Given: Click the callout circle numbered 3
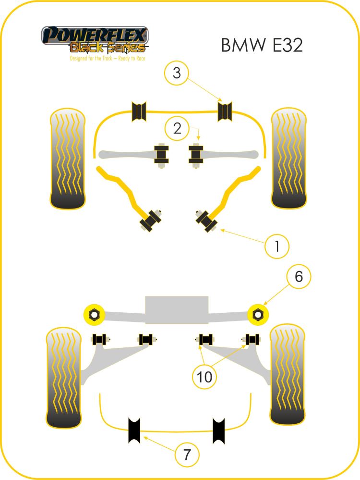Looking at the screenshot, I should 177,74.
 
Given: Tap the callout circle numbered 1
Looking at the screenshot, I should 277,246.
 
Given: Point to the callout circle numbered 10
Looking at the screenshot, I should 205,378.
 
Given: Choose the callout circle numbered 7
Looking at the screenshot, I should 187,454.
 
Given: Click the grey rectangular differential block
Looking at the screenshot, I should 177,311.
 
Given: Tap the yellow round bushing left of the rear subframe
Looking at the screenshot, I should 95,314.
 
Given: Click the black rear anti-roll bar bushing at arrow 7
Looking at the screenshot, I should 134,430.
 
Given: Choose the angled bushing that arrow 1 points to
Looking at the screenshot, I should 206,220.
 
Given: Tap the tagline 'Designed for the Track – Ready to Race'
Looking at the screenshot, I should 108,58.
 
